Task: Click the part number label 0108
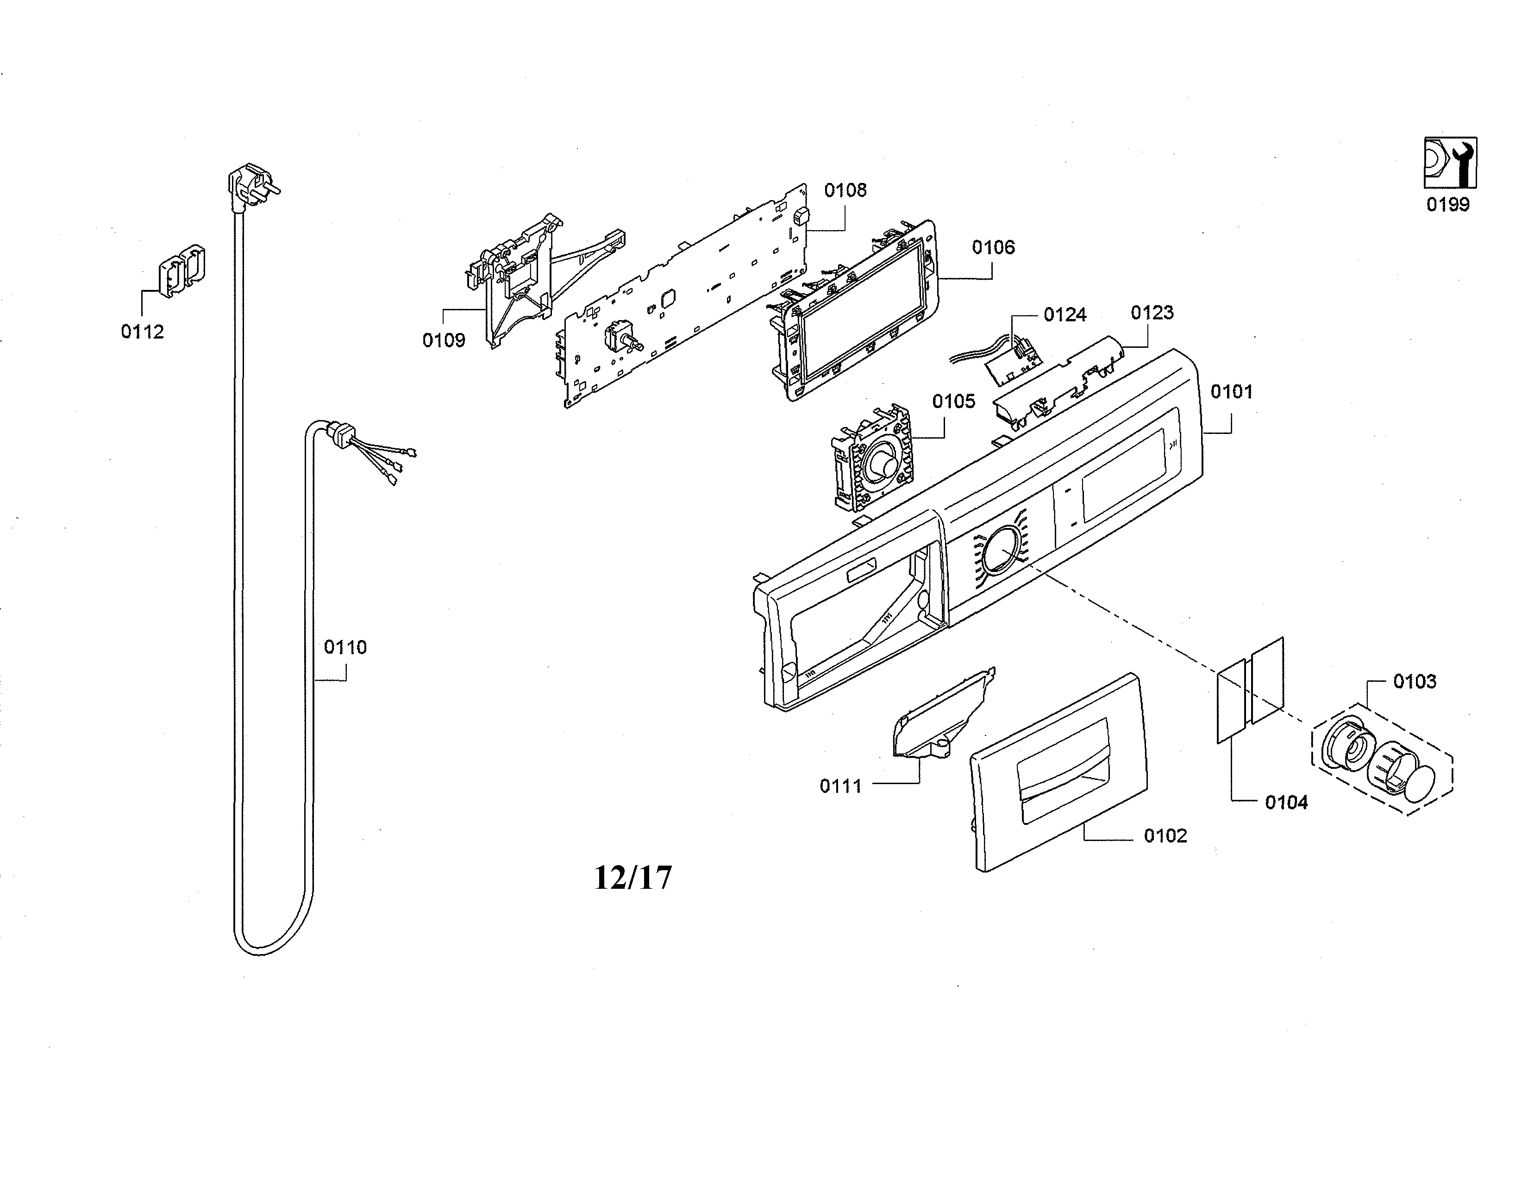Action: click(845, 190)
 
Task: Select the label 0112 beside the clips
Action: click(142, 332)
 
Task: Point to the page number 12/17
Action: click(632, 877)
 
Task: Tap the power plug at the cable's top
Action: click(250, 188)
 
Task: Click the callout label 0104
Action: click(1286, 803)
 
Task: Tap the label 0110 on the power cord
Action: click(345, 647)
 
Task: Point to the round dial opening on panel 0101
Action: click(1001, 550)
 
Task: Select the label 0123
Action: click(1152, 313)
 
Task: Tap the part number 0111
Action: click(840, 786)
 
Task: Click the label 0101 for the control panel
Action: click(1231, 392)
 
